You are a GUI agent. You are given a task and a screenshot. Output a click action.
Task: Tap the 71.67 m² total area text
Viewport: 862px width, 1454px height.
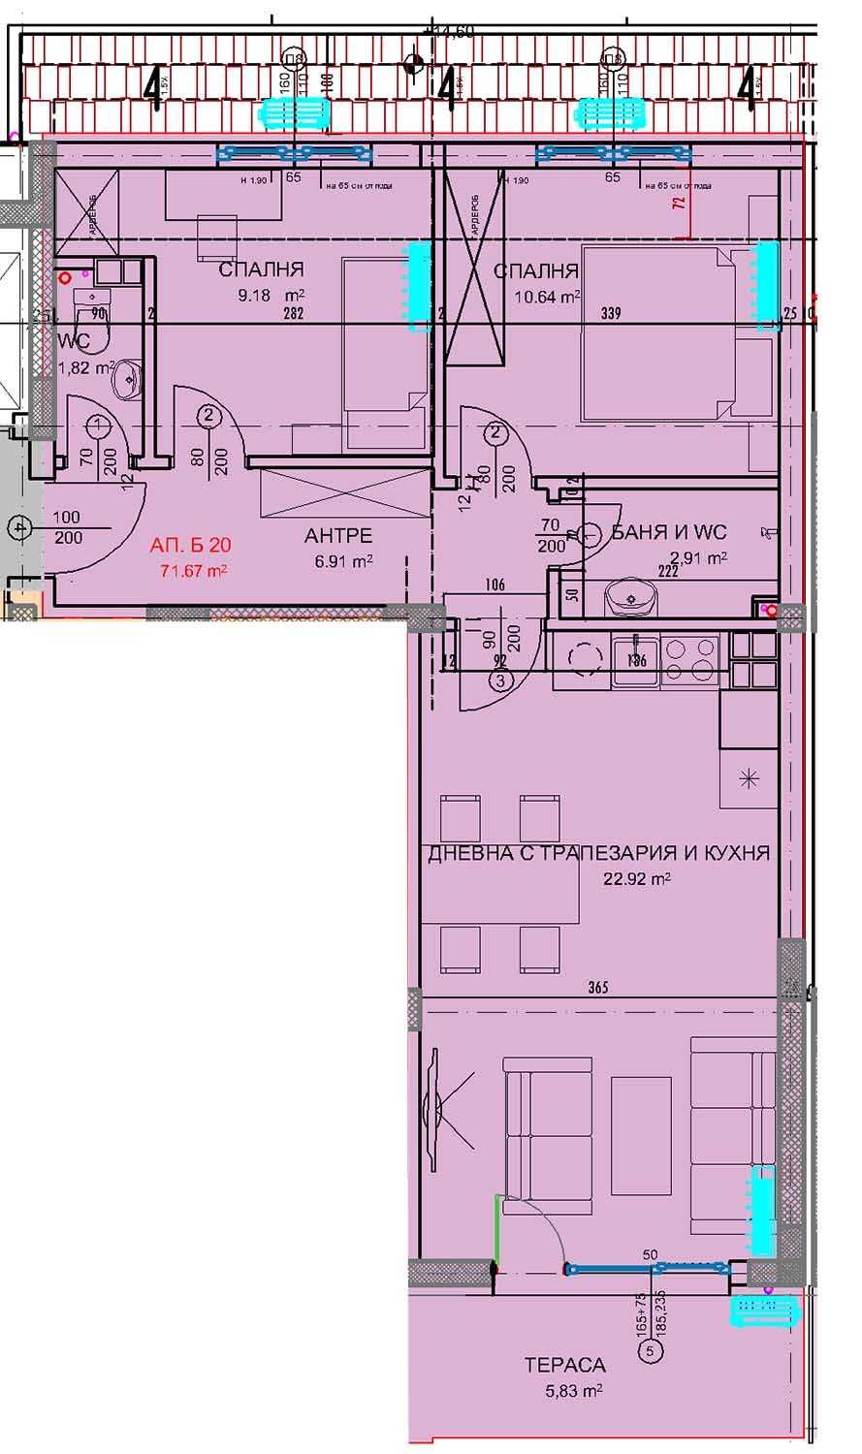pyautogui.click(x=194, y=570)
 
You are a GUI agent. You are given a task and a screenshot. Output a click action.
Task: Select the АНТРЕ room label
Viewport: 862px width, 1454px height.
pyautogui.click(x=338, y=536)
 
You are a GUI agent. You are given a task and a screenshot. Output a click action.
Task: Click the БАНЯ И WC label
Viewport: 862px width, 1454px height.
pyautogui.click(x=669, y=532)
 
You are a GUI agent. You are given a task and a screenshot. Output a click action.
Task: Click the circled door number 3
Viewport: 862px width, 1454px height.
pyautogui.click(x=500, y=680)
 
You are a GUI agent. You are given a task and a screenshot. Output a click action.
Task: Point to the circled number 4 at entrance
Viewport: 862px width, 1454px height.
pyautogui.click(x=16, y=528)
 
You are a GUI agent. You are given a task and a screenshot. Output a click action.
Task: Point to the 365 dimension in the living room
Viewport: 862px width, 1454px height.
pyautogui.click(x=597, y=988)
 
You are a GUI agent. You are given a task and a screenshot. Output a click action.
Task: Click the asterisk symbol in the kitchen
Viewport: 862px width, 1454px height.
pyautogui.click(x=749, y=776)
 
